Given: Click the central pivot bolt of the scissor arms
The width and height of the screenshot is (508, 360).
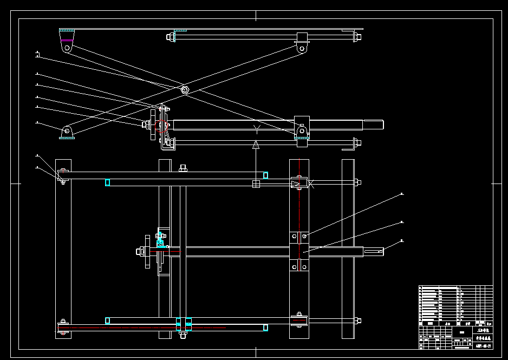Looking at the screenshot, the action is point(185,90).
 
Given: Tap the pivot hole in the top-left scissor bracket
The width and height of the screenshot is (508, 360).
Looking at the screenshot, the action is point(67,48).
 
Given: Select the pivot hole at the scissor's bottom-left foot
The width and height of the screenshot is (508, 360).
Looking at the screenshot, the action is point(67,130).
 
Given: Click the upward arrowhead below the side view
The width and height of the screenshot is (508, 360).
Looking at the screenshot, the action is point(256,144).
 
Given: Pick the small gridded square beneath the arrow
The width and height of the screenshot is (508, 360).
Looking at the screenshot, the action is point(256,184).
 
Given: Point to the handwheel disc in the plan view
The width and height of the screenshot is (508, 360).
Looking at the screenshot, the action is point(147,251).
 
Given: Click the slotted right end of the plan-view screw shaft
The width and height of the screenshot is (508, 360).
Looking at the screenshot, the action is point(373,251).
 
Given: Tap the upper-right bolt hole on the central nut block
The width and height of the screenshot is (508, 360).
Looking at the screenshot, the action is point(304,237).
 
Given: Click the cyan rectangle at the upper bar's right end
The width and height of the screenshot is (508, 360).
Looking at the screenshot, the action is point(265,175).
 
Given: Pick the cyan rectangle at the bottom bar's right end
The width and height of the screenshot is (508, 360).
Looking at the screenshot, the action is point(265,328).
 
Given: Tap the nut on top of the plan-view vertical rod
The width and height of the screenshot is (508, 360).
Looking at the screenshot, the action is point(183,168).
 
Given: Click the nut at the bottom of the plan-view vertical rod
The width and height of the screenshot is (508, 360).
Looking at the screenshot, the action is point(183,335).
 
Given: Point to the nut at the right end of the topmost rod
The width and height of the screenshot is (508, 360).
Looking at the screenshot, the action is point(357,37).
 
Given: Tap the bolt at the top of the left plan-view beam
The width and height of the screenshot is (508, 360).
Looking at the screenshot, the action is point(63,171).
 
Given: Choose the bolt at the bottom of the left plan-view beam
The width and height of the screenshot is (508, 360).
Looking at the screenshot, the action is point(63,322).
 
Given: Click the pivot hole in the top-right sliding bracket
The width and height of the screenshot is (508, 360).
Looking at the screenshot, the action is point(302,48).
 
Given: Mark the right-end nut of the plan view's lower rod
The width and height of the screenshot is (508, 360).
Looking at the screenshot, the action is point(357,320).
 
